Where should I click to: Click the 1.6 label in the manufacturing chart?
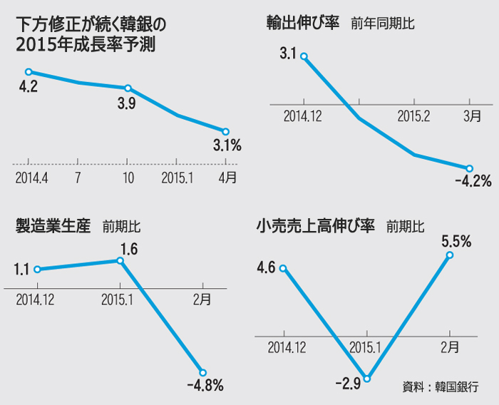128,250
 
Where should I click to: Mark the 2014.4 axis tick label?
31,178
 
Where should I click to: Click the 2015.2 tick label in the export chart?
413,115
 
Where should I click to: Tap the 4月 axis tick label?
227,178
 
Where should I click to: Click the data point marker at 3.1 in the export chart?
304,56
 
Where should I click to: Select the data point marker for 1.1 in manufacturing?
36,270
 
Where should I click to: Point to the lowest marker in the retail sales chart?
367,379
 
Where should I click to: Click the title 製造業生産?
53,227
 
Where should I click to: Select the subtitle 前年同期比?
383,24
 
